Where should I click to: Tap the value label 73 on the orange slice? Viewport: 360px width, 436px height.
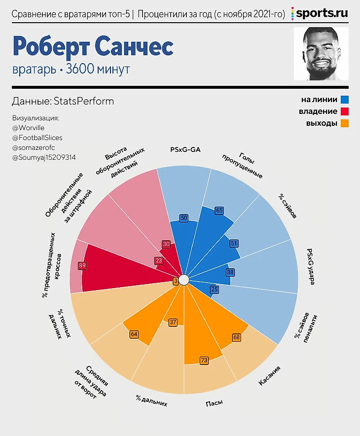(203, 360)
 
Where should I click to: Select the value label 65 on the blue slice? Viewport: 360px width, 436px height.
(219, 211)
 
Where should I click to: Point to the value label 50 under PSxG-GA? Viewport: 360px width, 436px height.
(184, 218)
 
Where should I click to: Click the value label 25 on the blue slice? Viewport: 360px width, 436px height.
(214, 290)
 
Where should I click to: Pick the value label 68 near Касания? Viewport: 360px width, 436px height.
(236, 337)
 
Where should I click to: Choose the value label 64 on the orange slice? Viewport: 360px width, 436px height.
(134, 334)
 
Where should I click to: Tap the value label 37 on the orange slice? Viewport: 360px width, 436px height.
(173, 322)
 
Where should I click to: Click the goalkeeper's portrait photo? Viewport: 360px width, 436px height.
(321, 54)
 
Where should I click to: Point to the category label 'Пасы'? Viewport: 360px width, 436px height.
(214, 403)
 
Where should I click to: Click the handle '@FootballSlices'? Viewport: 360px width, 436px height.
(37, 138)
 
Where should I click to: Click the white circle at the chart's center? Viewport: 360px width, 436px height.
(183, 280)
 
